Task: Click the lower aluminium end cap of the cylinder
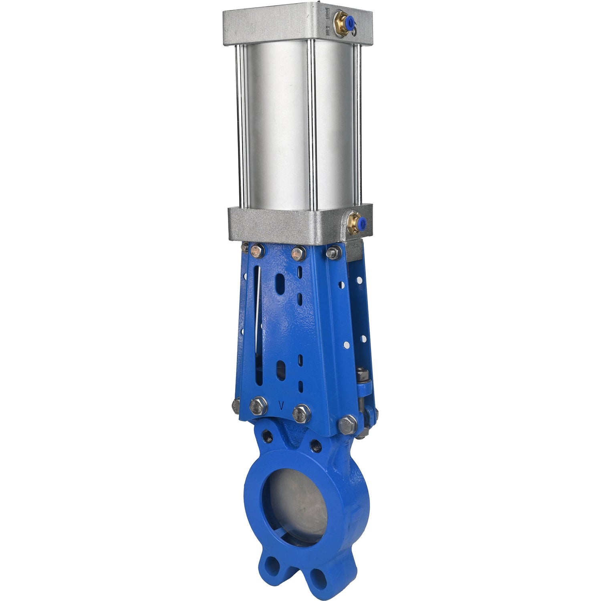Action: coord(280,224)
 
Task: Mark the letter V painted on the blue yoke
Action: coord(282,406)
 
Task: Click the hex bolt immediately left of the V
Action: coord(258,406)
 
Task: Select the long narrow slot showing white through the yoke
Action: coord(258,313)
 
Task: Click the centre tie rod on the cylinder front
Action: coord(311,124)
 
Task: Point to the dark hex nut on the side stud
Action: coord(363,375)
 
